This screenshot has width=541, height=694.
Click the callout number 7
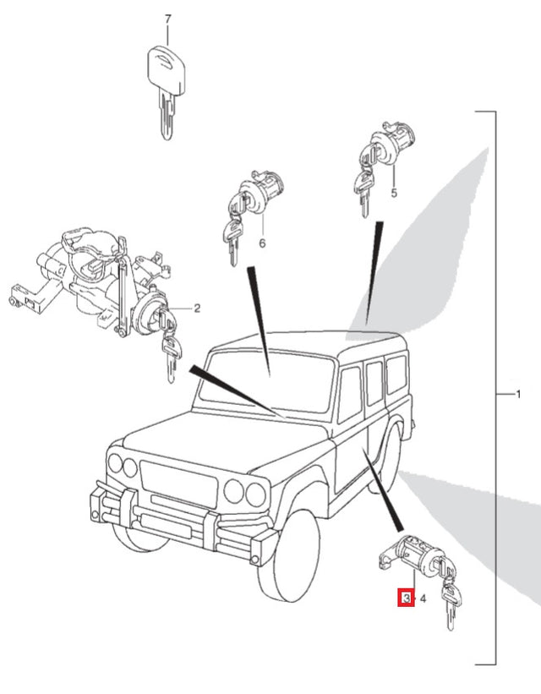click(167, 19)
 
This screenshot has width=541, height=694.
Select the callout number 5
click(394, 193)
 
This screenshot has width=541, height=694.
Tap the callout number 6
click(262, 243)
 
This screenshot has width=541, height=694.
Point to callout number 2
click(197, 308)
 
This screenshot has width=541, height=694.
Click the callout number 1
click(518, 393)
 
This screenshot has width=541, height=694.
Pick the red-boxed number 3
click(407, 598)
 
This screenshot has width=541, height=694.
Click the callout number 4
click(423, 599)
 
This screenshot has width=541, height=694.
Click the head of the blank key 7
click(166, 70)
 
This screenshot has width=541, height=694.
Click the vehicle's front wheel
click(287, 555)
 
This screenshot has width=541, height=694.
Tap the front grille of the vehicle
click(179, 484)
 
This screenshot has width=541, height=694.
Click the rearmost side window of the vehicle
click(396, 374)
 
